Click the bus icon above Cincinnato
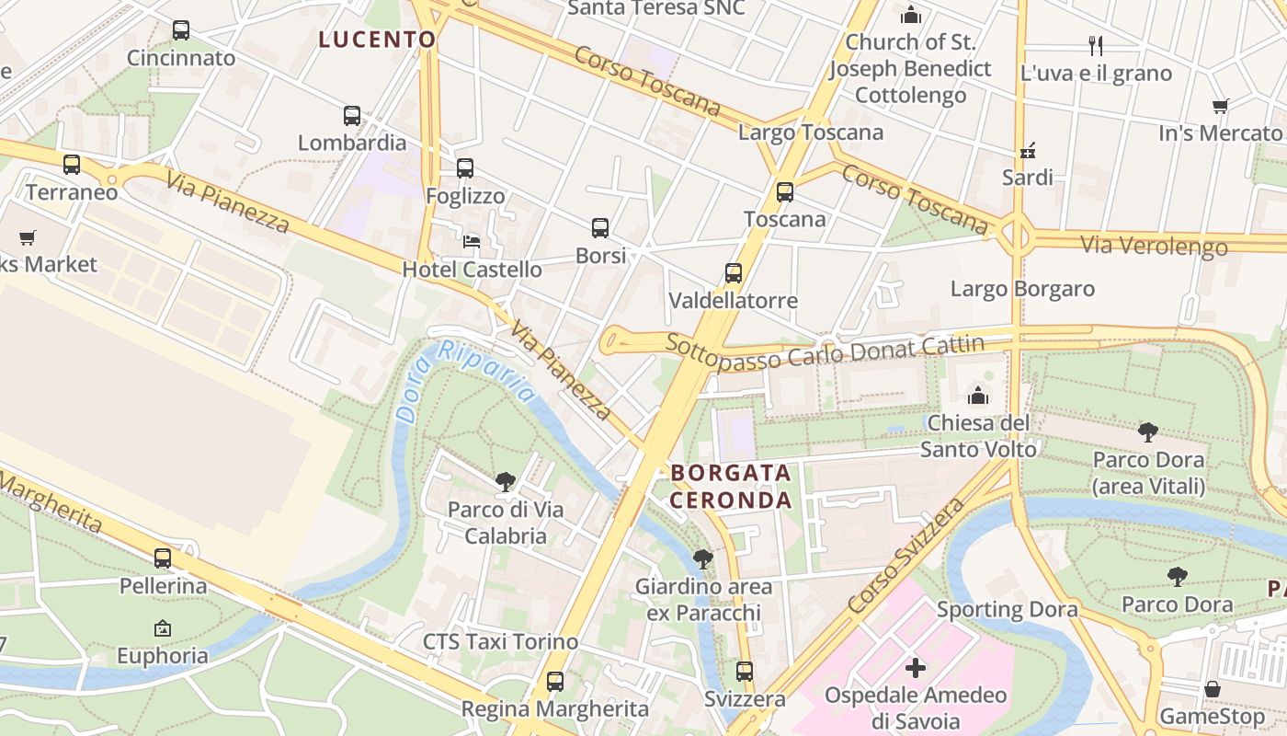tap(181, 30)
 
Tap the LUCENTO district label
tap(377, 40)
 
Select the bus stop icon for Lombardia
tap(352, 116)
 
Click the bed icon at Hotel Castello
tap(472, 242)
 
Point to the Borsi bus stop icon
tap(600, 228)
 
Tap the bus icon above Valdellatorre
tap(733, 273)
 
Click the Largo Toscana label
tap(810, 132)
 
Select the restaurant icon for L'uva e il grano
tap(1095, 46)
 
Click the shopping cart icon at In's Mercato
tap(1220, 106)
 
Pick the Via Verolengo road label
tap(1154, 246)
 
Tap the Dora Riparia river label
tap(466, 378)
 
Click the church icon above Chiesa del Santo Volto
tap(978, 396)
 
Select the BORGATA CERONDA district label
tap(731, 487)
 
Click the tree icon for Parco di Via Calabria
tap(505, 481)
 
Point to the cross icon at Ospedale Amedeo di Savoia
tap(916, 668)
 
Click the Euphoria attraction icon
tap(163, 628)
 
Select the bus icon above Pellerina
tap(163, 558)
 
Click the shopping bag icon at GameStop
tap(1213, 689)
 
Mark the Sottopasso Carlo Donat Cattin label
tap(825, 351)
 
